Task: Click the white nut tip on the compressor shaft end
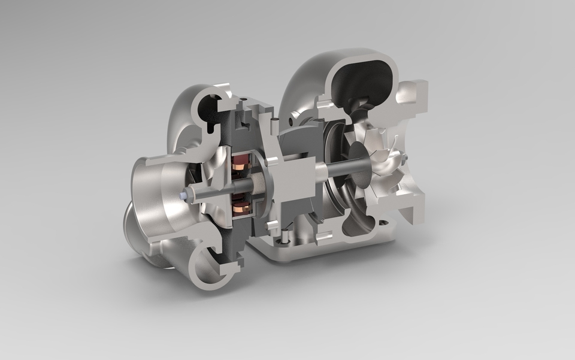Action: pyautogui.click(x=181, y=195)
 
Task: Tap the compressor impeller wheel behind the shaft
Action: pyautogui.click(x=207, y=180)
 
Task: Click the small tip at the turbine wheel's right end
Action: pyautogui.click(x=406, y=158)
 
